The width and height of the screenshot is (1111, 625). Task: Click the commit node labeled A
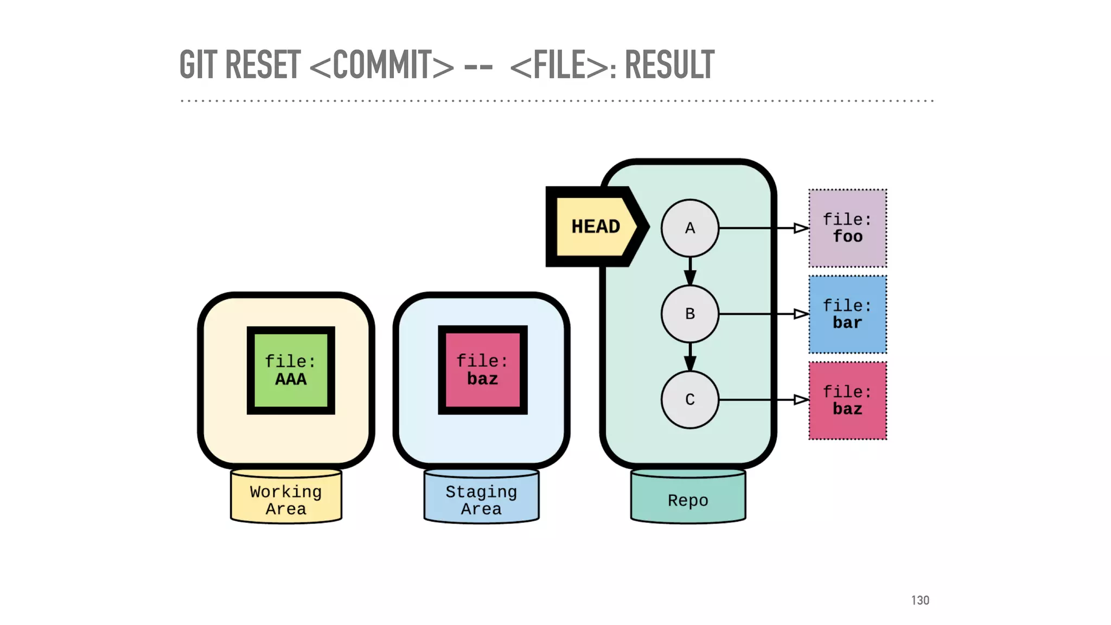689,228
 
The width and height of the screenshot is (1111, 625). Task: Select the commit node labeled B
689,314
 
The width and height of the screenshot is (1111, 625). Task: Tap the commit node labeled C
689,399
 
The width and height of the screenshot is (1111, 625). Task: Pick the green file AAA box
291,370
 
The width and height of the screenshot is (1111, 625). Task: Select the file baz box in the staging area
482,370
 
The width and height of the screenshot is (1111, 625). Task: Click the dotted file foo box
847,228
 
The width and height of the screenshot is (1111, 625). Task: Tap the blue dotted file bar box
847,314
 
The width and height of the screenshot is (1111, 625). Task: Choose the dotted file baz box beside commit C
847,400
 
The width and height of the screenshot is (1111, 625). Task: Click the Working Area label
286,500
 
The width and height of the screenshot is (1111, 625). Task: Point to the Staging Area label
481,500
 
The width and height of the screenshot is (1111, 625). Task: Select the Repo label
688,500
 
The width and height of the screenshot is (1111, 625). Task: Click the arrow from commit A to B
690,271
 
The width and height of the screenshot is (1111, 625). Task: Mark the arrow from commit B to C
690,357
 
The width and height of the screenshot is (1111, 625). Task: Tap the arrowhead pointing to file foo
801,228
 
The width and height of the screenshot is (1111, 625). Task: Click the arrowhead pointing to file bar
801,314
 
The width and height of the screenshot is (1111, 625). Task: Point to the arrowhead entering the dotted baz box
801,400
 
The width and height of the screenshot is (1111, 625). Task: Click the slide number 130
920,600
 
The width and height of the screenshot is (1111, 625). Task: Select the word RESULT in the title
669,65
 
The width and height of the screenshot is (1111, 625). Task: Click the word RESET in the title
263,65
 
